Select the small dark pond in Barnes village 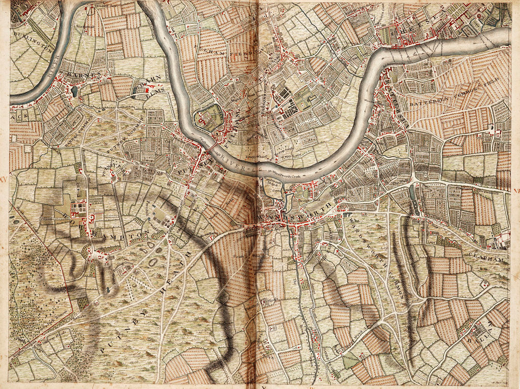coord(75,91)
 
